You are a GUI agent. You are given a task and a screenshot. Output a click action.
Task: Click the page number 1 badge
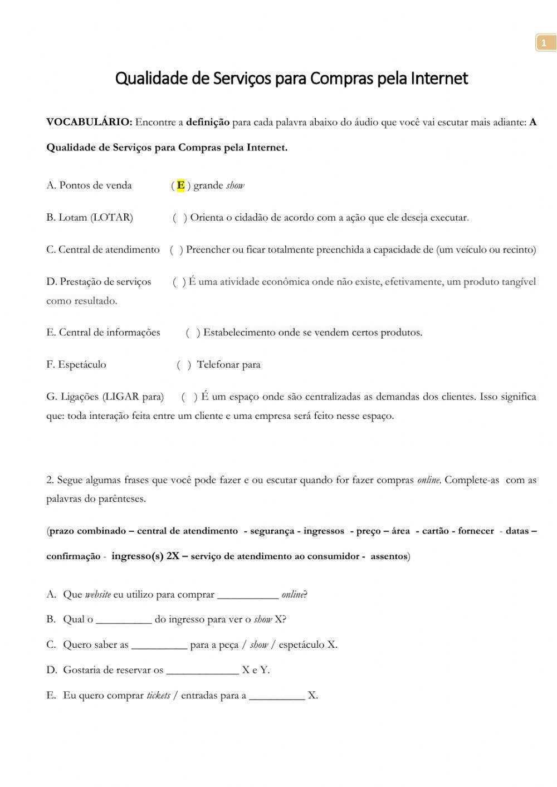tap(544, 43)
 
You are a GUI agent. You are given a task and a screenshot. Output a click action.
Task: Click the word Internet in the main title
tap(439, 79)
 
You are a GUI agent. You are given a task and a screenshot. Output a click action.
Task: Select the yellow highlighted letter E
tap(180, 185)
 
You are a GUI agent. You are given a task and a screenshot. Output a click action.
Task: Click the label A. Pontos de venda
tap(89, 185)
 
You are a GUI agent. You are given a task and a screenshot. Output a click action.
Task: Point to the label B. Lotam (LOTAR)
tap(90, 218)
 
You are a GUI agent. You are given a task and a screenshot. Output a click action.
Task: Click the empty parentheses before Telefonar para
tap(184, 365)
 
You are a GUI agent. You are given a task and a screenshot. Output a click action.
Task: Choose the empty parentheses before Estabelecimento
tap(193, 333)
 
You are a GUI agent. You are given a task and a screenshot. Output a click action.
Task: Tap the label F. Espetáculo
tap(76, 365)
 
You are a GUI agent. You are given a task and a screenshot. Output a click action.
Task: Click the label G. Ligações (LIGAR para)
tap(105, 397)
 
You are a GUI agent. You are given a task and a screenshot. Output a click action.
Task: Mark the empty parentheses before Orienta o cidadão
tap(180, 218)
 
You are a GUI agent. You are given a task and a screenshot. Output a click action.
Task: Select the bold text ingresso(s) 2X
tap(145, 556)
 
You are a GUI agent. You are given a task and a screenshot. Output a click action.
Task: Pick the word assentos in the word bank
tap(389, 556)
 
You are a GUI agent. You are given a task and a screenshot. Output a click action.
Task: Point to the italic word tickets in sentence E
tap(158, 696)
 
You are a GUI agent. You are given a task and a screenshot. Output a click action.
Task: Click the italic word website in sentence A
tap(97, 595)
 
